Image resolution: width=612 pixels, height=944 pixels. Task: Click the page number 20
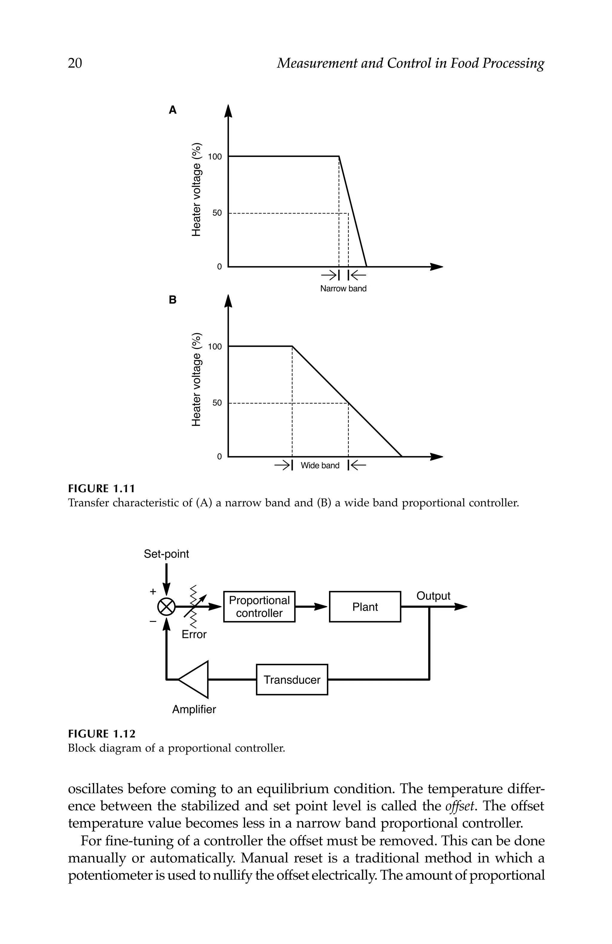tap(75, 63)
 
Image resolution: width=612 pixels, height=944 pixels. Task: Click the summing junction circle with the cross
tap(166, 606)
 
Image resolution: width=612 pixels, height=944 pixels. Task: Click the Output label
tap(433, 596)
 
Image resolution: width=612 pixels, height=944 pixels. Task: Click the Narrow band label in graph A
tap(343, 289)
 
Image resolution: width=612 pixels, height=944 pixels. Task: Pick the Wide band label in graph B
tap(320, 465)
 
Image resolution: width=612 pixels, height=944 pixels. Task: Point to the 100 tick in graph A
tap(215, 157)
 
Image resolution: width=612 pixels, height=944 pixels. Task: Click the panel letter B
tap(172, 300)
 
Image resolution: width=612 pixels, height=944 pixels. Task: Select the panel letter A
tap(172, 110)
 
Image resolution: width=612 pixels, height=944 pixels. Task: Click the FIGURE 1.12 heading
tap(102, 734)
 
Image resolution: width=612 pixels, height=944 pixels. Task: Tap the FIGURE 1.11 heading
tap(102, 488)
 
